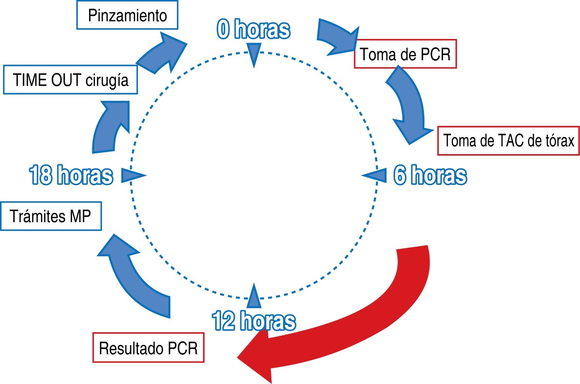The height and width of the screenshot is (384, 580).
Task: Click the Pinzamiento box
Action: pos(127,15)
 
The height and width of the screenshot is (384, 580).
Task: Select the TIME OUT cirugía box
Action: pos(70,80)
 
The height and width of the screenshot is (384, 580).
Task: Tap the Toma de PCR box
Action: pos(405,54)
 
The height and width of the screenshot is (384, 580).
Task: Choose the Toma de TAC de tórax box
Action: pos(508,141)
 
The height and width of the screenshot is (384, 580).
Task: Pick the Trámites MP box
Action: pos(51,216)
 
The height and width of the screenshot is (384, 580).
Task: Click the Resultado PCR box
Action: pos(148,348)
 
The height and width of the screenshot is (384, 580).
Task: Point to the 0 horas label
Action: pos(253,29)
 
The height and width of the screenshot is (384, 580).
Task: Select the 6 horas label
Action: pos(430,175)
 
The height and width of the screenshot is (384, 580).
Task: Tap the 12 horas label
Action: pos(254,321)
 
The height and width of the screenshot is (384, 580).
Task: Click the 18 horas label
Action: pos(71,175)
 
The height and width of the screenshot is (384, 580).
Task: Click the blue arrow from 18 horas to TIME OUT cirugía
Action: pos(109,127)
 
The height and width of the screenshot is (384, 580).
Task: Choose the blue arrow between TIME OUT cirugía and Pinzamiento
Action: pos(161,54)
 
